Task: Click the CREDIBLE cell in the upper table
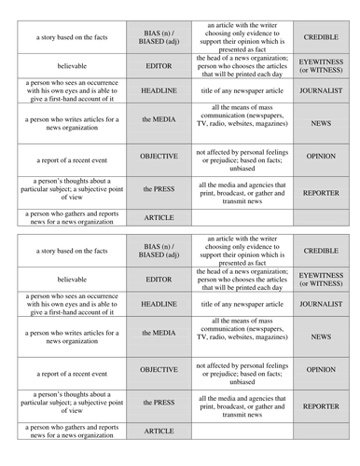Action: [321, 37]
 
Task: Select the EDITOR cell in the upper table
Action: [159, 66]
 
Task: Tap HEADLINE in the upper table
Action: [159, 91]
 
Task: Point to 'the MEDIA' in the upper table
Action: [159, 121]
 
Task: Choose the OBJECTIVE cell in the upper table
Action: [159, 156]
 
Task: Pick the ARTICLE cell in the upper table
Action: [159, 217]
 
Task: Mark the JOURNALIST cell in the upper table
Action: [321, 91]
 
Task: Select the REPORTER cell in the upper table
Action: [321, 193]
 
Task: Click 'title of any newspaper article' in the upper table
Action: [242, 91]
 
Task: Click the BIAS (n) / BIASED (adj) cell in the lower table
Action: [159, 251]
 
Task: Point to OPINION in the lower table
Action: [321, 369]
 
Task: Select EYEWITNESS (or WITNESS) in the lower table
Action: [321, 280]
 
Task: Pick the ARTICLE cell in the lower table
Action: [159, 431]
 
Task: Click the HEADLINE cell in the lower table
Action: [159, 305]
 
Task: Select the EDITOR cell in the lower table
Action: [159, 280]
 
